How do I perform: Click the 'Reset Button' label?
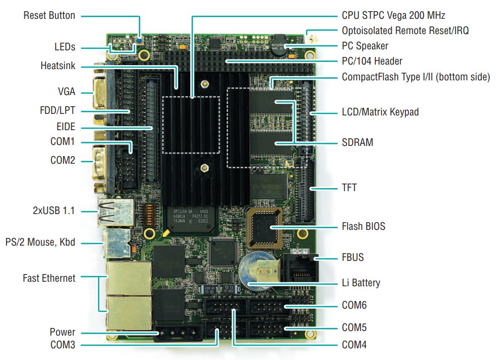pyautogui.click(x=49, y=15)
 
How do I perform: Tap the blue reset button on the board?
pyautogui.click(x=139, y=39)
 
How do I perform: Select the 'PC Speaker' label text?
pyautogui.click(x=365, y=46)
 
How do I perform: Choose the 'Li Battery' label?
pyautogui.click(x=361, y=283)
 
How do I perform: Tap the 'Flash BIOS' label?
pyautogui.click(x=363, y=226)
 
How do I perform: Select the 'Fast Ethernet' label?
pyautogui.click(x=49, y=278)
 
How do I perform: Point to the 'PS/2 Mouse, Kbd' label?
pyautogui.click(x=40, y=242)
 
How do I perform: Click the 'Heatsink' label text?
pyautogui.click(x=57, y=66)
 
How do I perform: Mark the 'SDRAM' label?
pyautogui.click(x=358, y=142)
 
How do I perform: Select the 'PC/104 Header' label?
pyautogui.click(x=372, y=61)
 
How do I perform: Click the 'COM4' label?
pyautogui.click(x=354, y=345)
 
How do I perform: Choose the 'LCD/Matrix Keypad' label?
pyautogui.click(x=380, y=111)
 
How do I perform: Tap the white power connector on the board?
pyautogui.click(x=179, y=334)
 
